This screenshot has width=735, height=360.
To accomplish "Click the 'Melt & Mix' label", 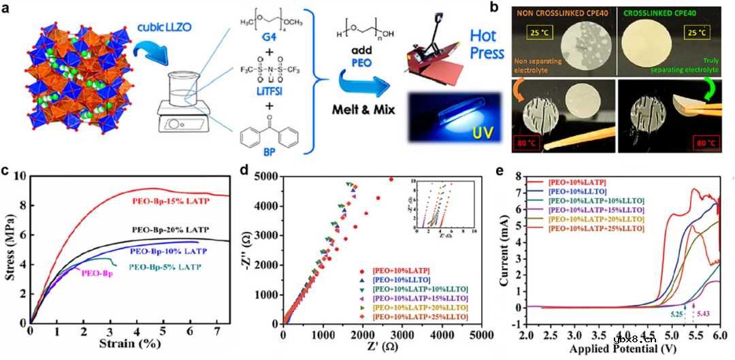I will (365, 110).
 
